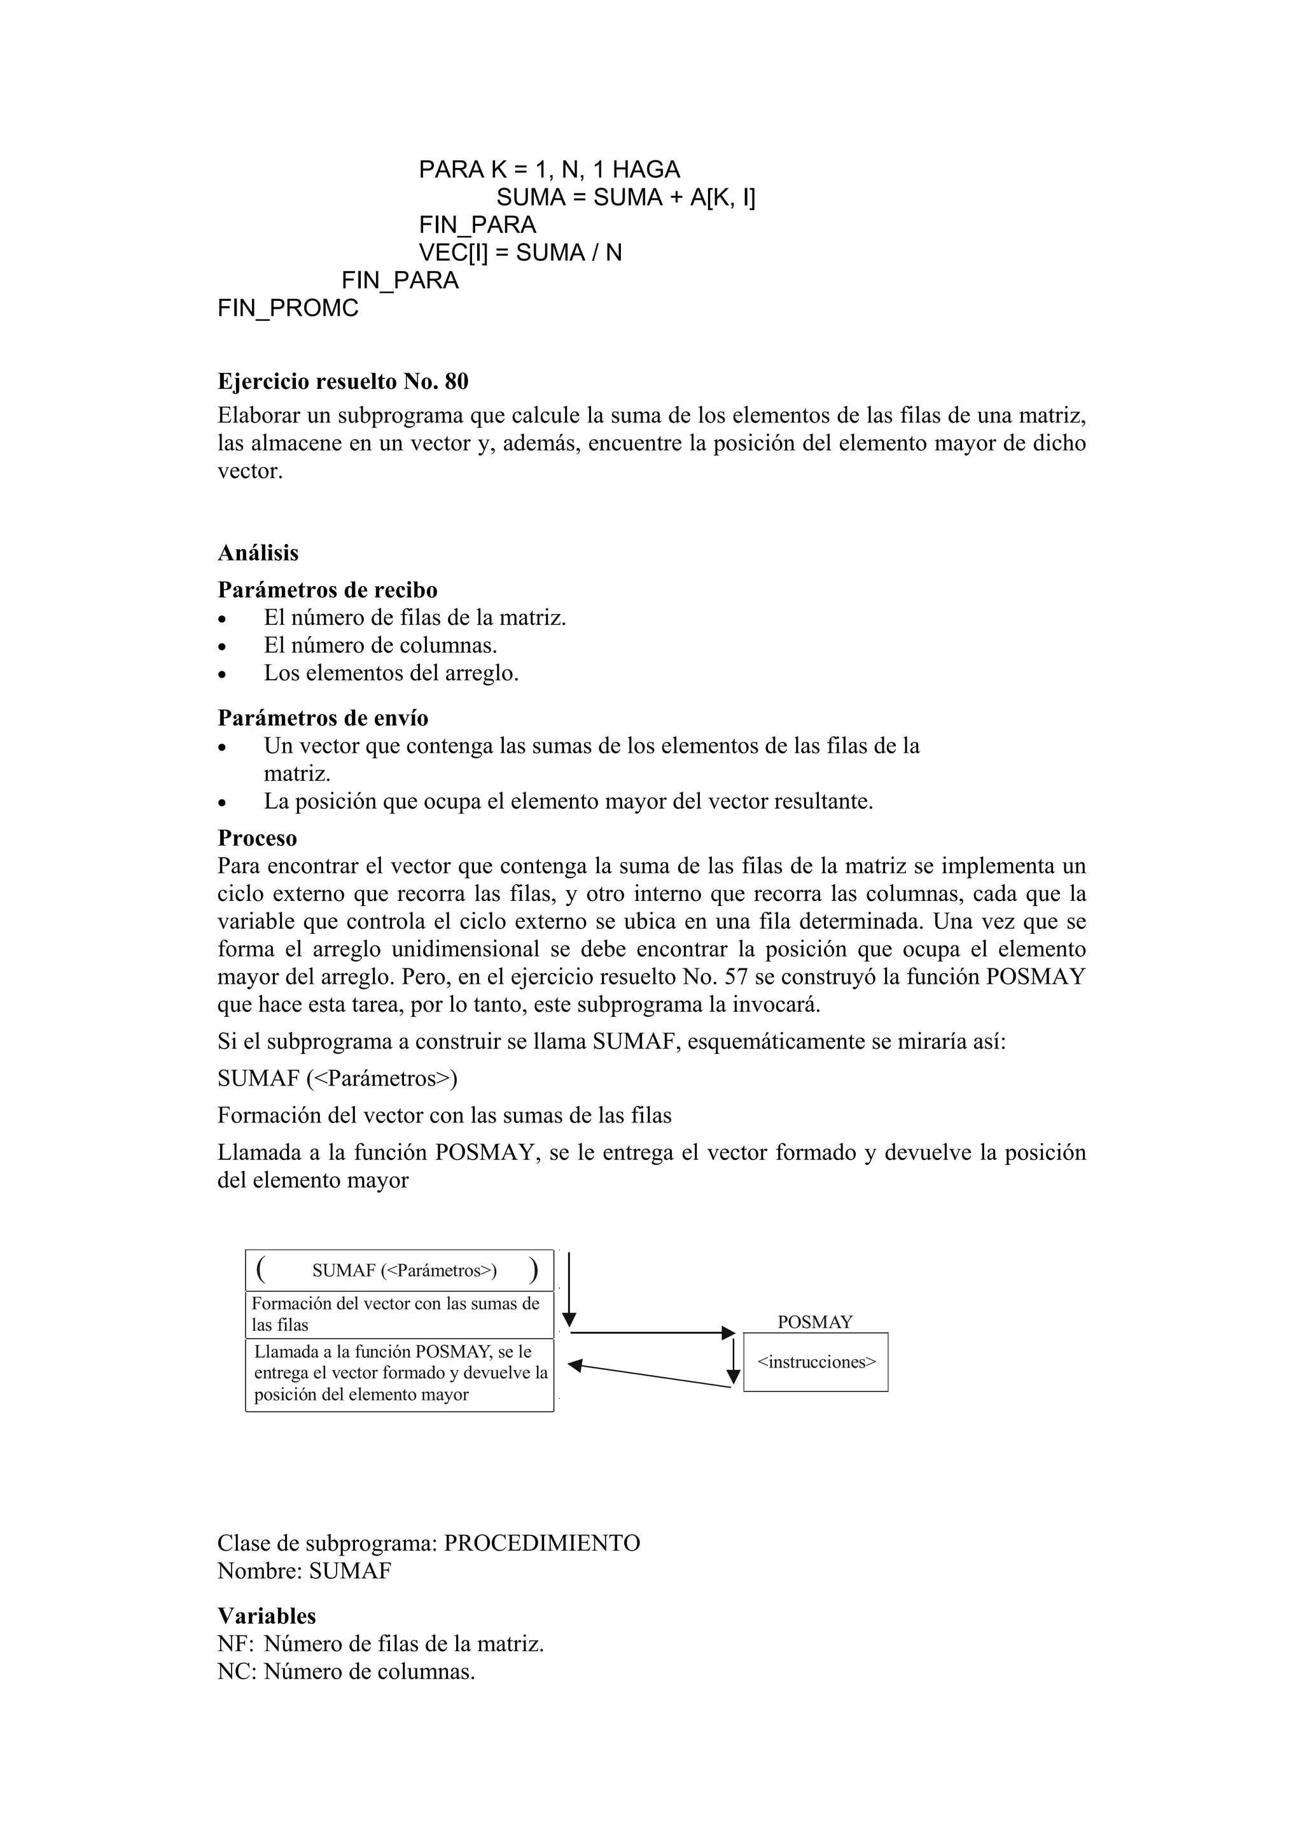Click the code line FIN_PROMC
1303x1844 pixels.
[288, 309]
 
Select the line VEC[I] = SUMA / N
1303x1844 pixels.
[520, 253]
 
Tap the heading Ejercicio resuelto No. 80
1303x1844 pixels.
[343, 382]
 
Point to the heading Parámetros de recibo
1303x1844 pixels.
[328, 590]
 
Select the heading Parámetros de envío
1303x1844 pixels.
[323, 718]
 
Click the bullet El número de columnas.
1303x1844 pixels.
[380, 646]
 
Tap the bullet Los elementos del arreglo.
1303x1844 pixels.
[391, 673]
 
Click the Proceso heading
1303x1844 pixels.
[257, 839]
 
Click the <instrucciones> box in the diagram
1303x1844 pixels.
[816, 1362]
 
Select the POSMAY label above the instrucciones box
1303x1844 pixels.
[815, 1322]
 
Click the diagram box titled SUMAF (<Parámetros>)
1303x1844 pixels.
[399, 1271]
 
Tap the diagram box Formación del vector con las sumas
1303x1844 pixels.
[399, 1315]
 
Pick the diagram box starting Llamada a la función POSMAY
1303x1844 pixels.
[399, 1374]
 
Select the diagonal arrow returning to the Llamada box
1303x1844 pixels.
[650, 1375]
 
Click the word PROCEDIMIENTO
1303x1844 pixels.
[542, 1544]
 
